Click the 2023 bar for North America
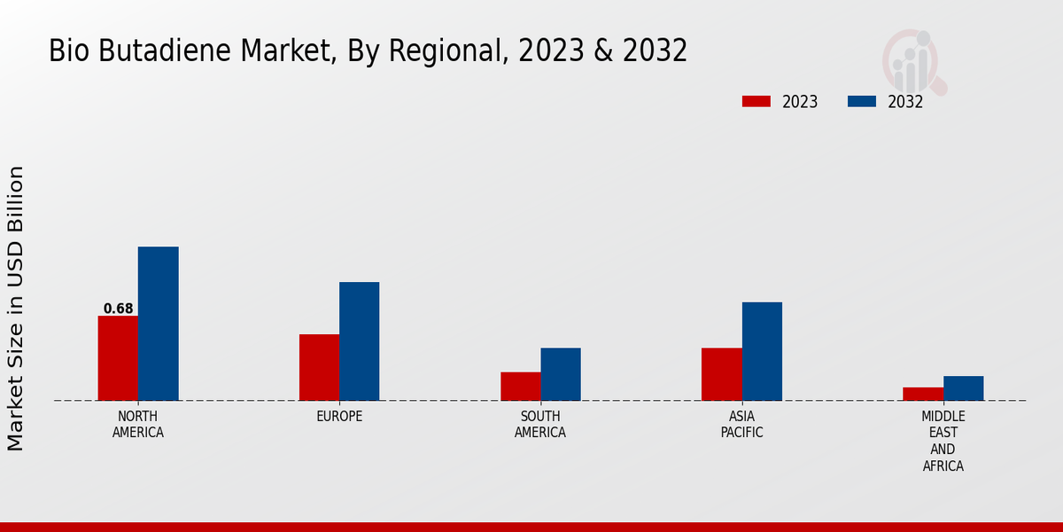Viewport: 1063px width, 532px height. coord(118,358)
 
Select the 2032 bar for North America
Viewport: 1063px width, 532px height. coord(158,324)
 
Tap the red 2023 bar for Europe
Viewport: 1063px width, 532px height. coord(319,367)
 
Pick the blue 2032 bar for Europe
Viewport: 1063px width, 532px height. coord(359,341)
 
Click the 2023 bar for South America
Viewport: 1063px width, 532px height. coord(520,386)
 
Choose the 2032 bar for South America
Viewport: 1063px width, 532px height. coord(561,374)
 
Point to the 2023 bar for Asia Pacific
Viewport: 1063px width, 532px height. coord(721,374)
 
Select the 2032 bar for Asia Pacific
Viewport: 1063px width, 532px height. coord(762,351)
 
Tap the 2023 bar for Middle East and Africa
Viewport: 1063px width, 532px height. coord(923,394)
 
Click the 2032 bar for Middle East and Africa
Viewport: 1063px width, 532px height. coord(963,388)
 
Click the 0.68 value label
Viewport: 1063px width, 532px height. coord(118,309)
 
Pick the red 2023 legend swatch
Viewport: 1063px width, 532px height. coord(756,101)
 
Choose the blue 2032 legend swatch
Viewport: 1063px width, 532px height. coord(861,101)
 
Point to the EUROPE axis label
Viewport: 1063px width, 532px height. coord(339,416)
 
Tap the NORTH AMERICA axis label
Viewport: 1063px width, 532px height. coord(138,424)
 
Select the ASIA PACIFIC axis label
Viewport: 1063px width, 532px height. coord(741,424)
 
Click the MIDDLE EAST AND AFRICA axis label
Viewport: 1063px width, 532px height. coord(943,441)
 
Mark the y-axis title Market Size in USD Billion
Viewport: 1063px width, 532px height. coord(16,308)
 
